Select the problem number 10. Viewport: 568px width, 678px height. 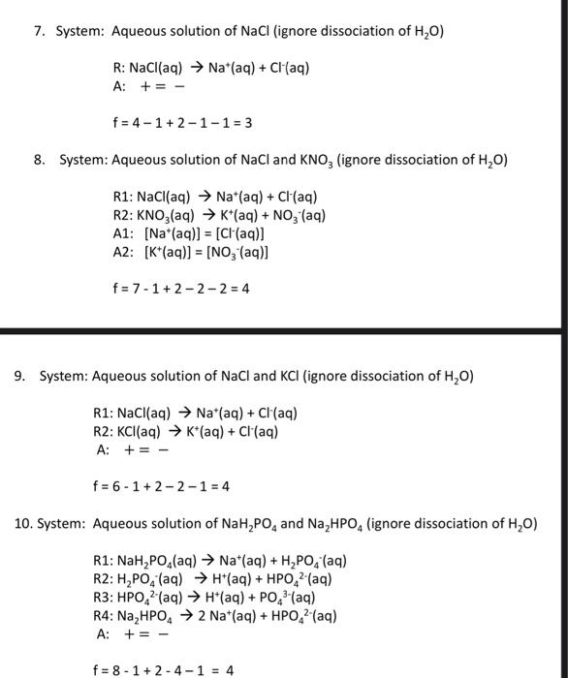click(23, 524)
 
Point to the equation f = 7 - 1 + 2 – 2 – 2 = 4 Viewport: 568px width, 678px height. click(181, 289)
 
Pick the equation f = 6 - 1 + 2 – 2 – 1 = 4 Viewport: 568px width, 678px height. click(161, 486)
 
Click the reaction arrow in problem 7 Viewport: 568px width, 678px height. click(185, 69)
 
